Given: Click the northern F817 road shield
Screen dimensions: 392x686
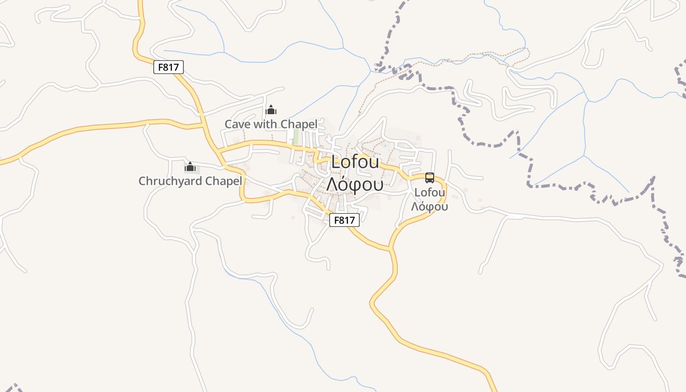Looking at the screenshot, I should coord(169,67).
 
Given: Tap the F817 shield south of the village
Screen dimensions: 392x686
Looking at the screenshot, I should coord(344,220).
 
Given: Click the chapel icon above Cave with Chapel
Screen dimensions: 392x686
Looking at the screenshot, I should coord(271,110).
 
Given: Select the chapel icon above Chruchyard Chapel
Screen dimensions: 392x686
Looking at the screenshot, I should coord(190,167).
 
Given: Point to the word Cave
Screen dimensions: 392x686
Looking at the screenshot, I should coord(238,124).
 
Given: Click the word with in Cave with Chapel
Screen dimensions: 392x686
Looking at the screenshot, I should coord(265,124).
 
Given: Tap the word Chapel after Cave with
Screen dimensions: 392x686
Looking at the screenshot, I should coord(298,124).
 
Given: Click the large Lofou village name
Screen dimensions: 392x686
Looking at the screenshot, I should coord(355,162).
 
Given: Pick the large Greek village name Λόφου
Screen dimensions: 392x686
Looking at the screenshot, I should coord(355,184).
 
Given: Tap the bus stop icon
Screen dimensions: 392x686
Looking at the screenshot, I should coord(430,178).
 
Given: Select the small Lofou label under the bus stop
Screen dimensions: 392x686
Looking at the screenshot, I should coord(430,192).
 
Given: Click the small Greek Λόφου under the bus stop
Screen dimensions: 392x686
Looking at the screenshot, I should coord(430,207).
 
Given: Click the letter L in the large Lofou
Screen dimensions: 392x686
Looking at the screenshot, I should coord(336,162).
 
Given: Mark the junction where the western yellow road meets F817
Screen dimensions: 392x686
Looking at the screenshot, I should coord(203,125).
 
